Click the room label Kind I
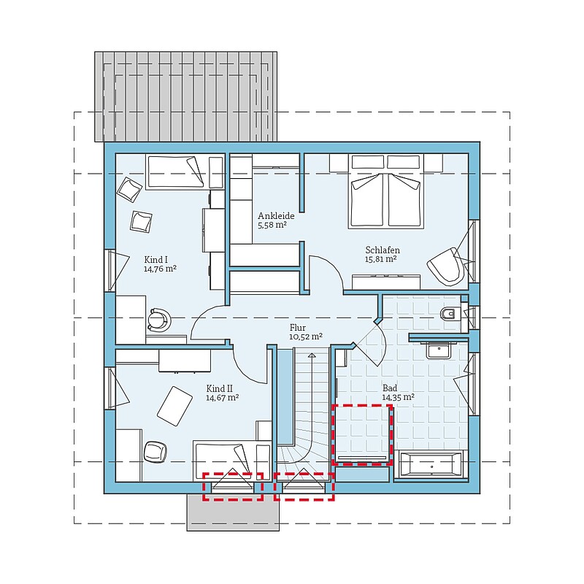click(155, 260)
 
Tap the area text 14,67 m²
click(223, 398)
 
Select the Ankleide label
click(276, 215)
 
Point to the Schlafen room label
click(383, 250)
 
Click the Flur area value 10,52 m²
click(306, 337)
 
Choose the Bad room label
click(390, 388)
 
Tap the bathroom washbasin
click(439, 350)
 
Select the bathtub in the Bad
click(431, 465)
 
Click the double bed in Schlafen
click(386, 191)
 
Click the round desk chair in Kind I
click(159, 320)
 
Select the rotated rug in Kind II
click(174, 406)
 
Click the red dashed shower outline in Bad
click(362, 434)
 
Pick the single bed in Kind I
click(175, 172)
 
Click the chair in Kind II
click(155, 452)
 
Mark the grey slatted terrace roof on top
click(186, 96)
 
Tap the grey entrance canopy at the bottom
click(233, 512)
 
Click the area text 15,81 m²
click(380, 259)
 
